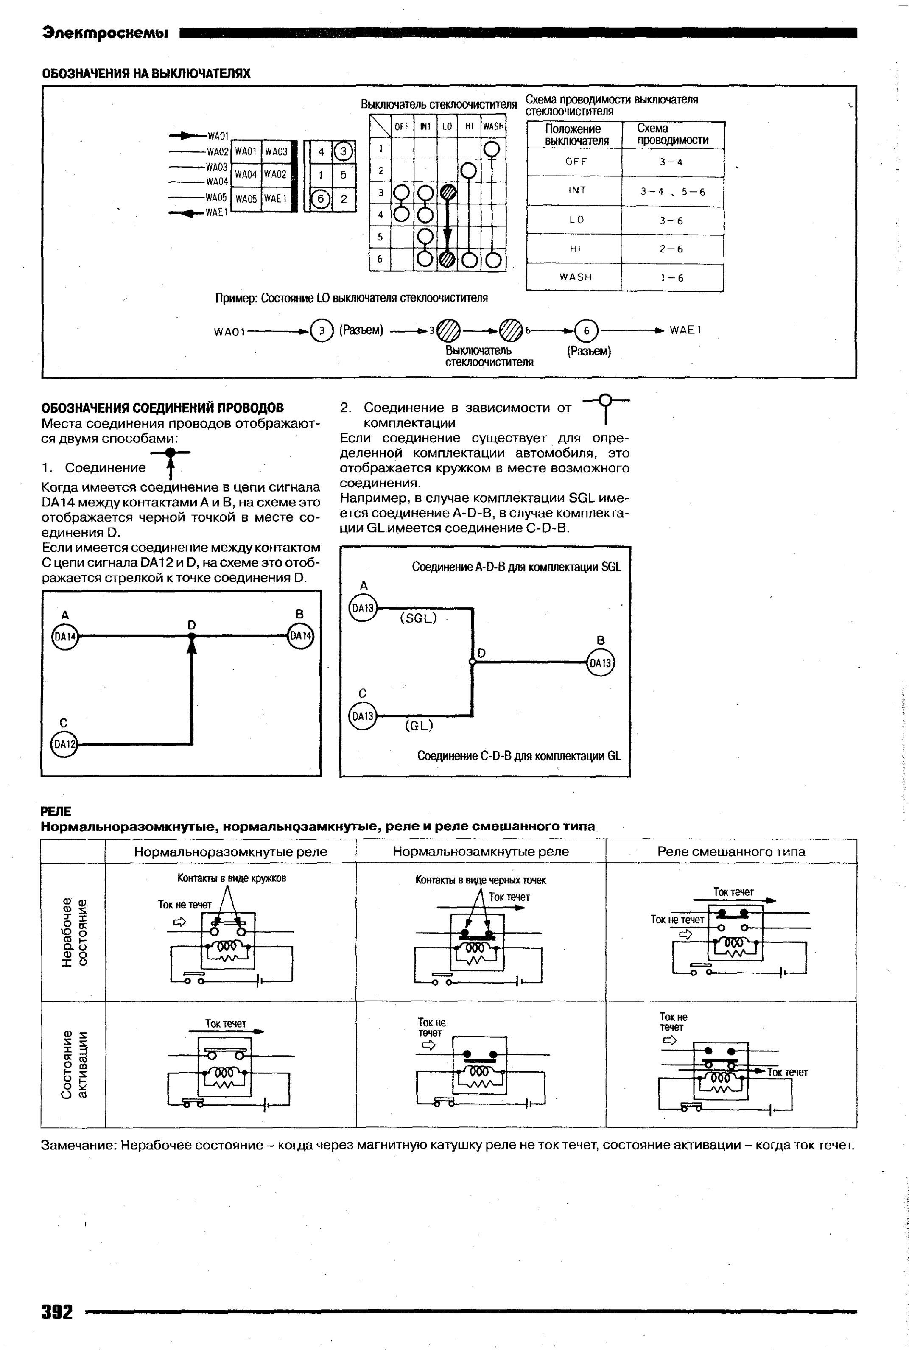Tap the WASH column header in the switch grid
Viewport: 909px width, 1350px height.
coord(493,126)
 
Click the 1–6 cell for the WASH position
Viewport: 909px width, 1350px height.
coord(672,278)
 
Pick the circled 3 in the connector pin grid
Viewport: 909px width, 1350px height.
coord(343,152)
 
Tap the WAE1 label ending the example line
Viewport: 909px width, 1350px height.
coord(685,330)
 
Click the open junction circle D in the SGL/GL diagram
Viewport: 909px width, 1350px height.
coord(473,662)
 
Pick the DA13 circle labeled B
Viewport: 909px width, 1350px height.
coord(601,663)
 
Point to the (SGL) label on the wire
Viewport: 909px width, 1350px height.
coord(418,618)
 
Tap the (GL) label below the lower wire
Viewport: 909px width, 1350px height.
coord(419,726)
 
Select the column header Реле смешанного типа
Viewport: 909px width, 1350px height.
coord(731,852)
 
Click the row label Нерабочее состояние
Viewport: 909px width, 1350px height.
coord(75,931)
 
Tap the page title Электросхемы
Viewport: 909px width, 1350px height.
coord(105,33)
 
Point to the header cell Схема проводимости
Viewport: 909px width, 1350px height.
coord(672,134)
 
